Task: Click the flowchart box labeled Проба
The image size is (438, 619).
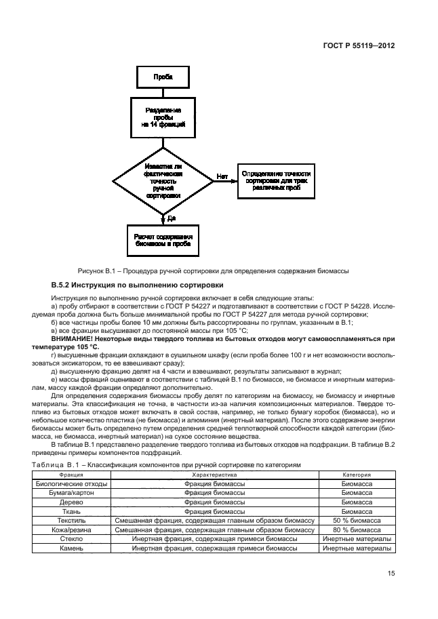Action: pos(162,77)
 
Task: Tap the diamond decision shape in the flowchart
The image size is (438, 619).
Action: pos(162,180)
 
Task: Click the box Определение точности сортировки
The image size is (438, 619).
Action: pos(275,180)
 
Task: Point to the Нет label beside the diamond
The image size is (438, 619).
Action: pos(222,176)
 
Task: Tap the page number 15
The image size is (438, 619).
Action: pos(391,574)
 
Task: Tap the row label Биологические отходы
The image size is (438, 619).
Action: pos(71,485)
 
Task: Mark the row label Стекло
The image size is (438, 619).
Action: pos(71,538)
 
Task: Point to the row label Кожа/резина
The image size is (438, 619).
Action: pos(71,529)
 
